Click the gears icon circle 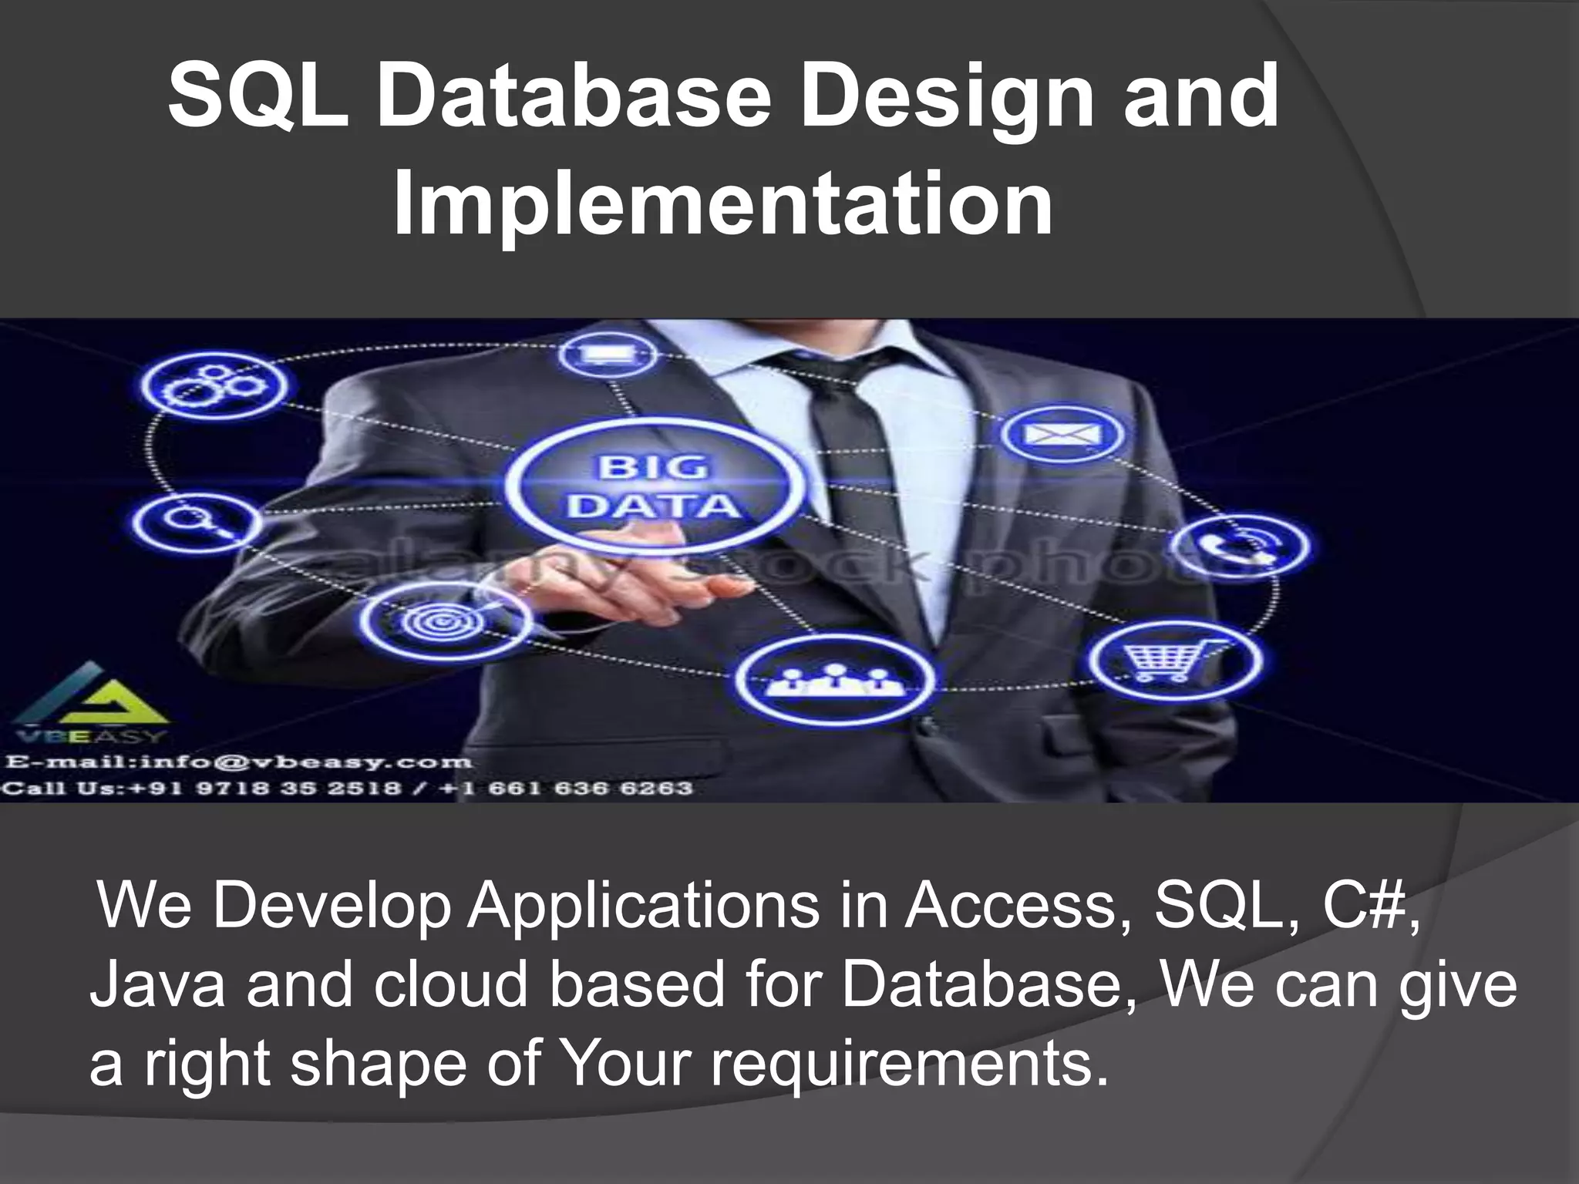coord(215,385)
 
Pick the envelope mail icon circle coord(1062,435)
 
